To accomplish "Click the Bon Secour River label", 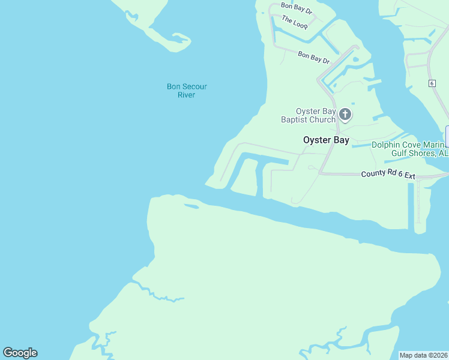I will (187, 91).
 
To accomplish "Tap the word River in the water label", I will (187, 95).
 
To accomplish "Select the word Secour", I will (194, 86).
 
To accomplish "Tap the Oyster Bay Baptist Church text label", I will (309, 115).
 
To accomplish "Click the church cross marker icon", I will (345, 113).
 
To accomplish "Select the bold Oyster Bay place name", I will (326, 140).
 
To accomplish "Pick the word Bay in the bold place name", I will (340, 140).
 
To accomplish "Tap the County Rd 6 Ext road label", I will (388, 175).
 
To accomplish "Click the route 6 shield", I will (432, 82).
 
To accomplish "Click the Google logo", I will (20, 353).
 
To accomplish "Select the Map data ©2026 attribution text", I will (424, 355).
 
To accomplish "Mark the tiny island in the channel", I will (191, 207).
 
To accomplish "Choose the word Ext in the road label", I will (409, 175).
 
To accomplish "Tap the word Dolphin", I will (385, 145).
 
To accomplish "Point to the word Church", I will (324, 119).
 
